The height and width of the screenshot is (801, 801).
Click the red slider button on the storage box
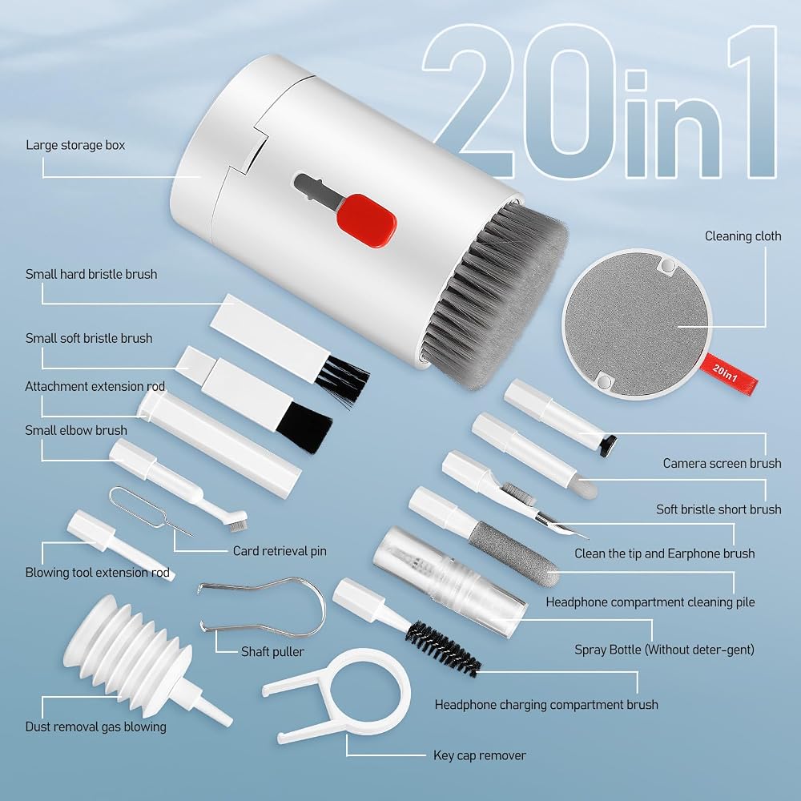pos(366,221)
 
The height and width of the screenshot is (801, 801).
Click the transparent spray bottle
pos(449,582)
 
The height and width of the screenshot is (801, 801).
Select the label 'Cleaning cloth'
pos(743,236)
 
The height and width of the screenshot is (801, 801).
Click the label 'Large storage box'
pos(75,145)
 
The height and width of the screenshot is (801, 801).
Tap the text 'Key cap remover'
pos(480,755)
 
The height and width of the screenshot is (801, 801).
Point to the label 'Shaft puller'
pos(272,651)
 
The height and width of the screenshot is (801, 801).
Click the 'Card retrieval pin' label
pos(280,551)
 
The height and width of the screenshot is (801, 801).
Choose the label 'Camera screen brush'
pos(722,463)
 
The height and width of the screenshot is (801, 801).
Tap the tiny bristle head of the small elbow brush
pos(238,522)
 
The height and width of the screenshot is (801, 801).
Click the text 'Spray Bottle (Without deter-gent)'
pos(664,650)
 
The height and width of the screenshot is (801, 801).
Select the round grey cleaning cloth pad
pos(637,324)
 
